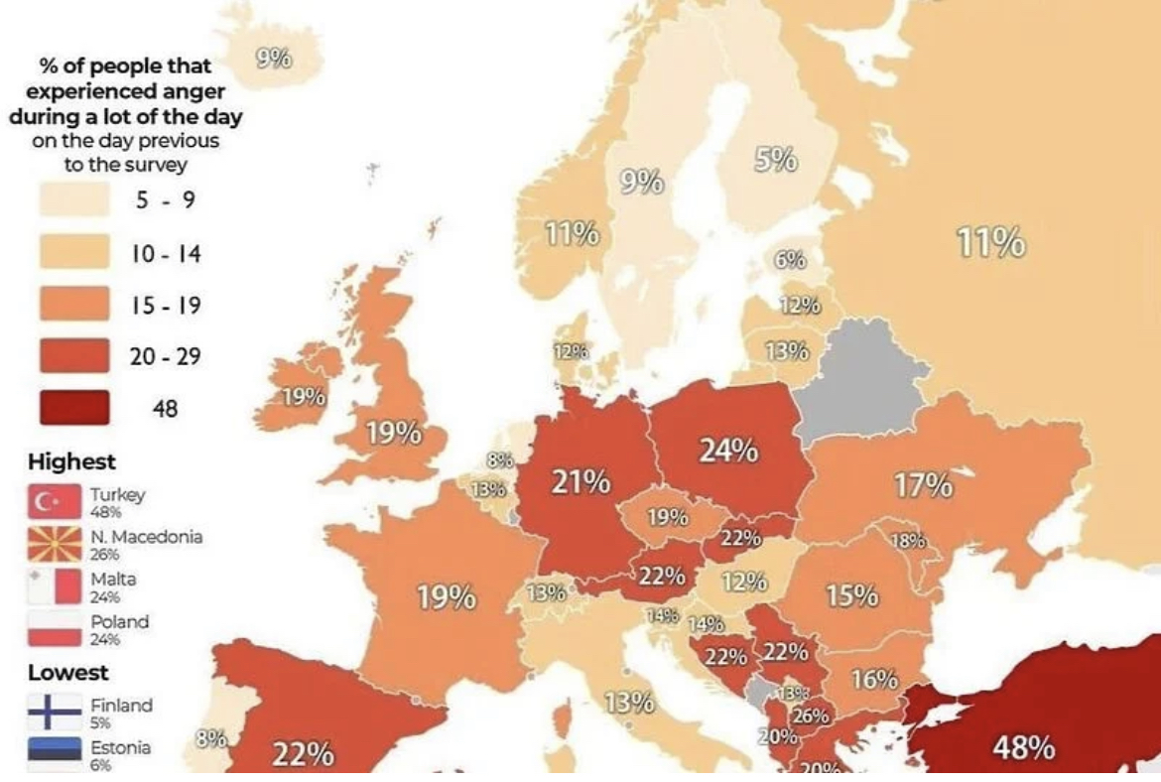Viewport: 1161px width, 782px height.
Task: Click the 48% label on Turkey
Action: tap(1023, 746)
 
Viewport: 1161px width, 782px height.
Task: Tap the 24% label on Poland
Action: tap(728, 451)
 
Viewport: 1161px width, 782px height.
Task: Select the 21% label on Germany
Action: tap(580, 482)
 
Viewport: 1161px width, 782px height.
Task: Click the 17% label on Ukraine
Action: tap(923, 485)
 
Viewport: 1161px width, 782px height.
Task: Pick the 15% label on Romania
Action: tap(851, 595)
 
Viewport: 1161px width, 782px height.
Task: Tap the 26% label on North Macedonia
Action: tap(811, 716)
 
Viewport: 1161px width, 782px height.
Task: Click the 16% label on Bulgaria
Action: tap(874, 680)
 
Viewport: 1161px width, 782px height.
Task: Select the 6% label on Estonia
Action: tap(790, 260)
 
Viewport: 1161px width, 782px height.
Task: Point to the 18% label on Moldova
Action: tap(909, 541)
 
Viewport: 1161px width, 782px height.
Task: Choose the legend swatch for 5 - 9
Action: tap(74, 200)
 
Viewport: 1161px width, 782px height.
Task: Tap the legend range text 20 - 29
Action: tap(165, 355)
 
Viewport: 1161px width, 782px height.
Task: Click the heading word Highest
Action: tap(71, 461)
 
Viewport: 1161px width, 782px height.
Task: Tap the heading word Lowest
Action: tap(67, 672)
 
